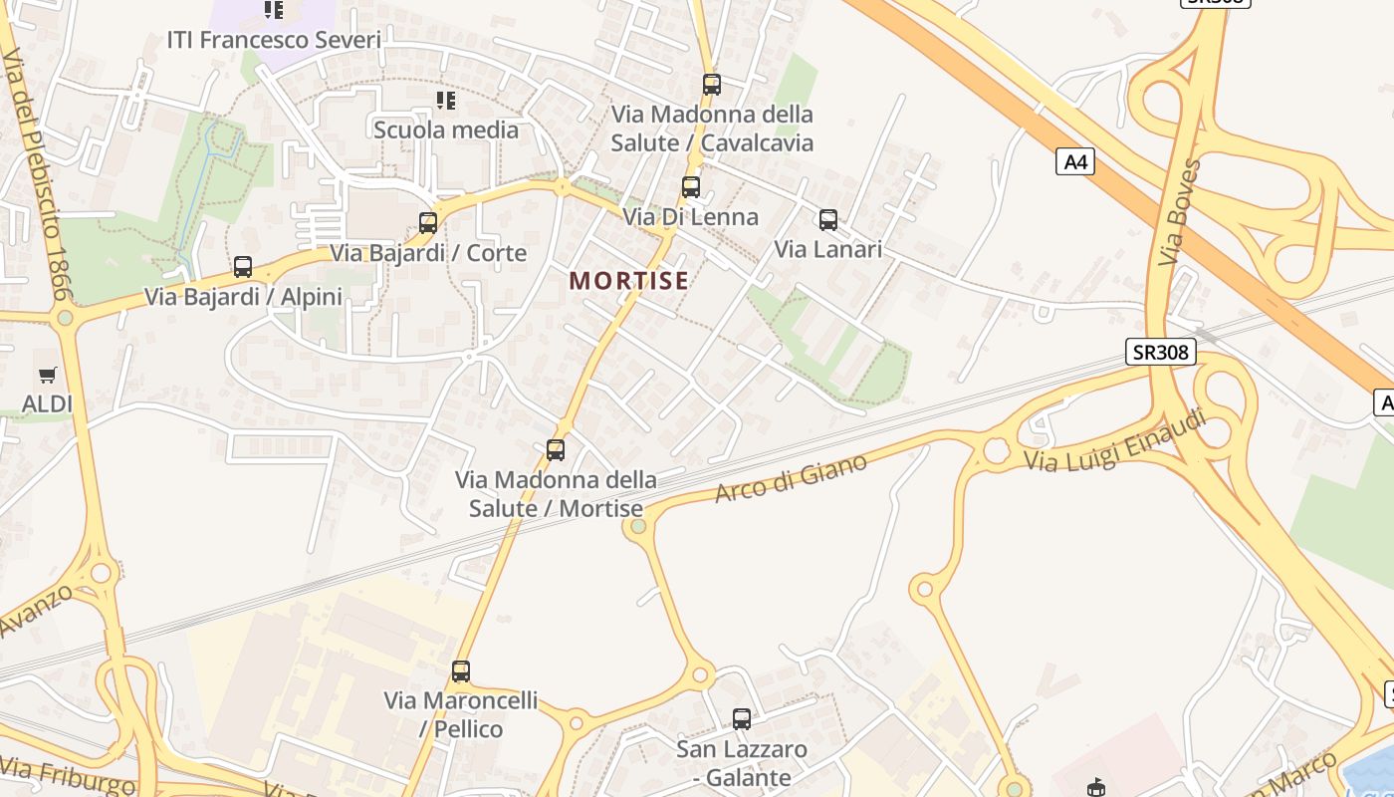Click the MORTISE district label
[629, 281]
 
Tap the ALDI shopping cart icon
[48, 376]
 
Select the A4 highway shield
[1075, 161]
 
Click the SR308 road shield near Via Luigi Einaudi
[1161, 352]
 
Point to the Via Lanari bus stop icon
[828, 220]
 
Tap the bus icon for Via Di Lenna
[691, 186]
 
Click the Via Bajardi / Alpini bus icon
[243, 267]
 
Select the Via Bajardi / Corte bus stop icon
[428, 223]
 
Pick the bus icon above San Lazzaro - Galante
[742, 719]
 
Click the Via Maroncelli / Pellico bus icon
[460, 671]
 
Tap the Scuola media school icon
[446, 101]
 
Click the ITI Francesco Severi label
[274, 41]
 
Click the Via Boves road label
[1181, 212]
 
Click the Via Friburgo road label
[68, 776]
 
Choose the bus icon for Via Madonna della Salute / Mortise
[556, 450]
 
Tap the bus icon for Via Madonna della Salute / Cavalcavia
[711, 85]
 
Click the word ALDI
[48, 404]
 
